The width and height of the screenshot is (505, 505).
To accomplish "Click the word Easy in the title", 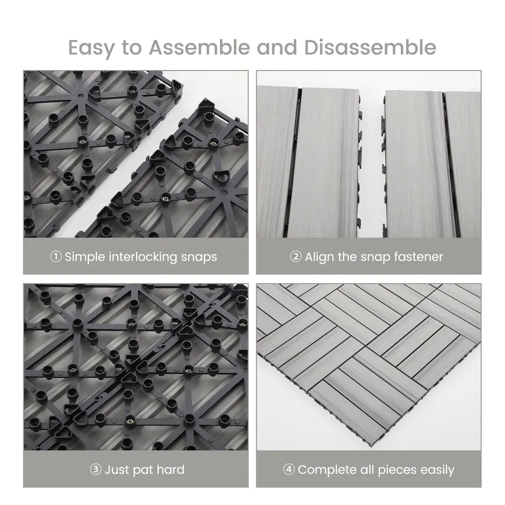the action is pos(91,48).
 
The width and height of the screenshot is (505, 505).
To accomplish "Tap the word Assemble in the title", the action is pos(199,47).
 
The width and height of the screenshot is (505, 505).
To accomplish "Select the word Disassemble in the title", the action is pos(370,47).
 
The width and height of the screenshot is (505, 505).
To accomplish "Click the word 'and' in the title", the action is pos(277,47).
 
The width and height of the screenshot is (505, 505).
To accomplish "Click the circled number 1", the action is pos(56,256).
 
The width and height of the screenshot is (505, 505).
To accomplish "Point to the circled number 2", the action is pos(296,256).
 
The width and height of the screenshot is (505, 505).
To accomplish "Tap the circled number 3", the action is pos(96,469).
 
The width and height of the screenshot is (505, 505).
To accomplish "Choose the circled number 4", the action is pos(289,469).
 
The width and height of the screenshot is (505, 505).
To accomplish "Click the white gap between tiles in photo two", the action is pos(371,161).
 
